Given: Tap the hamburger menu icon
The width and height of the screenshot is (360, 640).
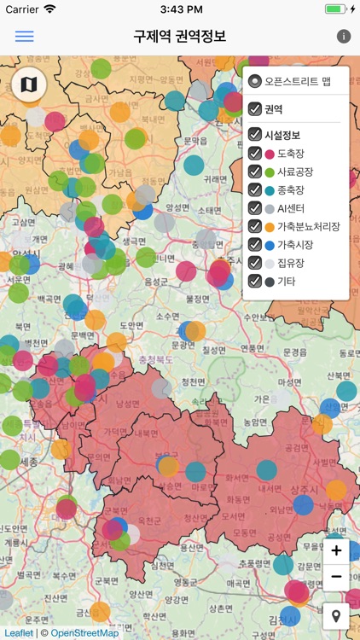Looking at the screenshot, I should [24, 37].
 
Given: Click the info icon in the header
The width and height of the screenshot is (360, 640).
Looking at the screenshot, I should [344, 37].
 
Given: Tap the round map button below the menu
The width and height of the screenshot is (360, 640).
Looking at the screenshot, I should [29, 84].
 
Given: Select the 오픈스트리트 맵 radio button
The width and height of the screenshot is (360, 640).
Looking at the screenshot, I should [255, 82].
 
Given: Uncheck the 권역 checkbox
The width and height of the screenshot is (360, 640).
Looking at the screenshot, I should [255, 108].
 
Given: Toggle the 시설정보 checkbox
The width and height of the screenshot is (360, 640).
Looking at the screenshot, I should [255, 135].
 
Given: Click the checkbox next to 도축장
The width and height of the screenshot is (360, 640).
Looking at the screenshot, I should [255, 154].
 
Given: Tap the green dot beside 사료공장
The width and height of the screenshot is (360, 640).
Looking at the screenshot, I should [270, 172].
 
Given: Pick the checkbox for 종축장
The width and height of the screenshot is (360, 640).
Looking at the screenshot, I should [255, 190].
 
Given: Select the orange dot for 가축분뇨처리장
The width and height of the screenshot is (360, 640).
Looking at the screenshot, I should [270, 226].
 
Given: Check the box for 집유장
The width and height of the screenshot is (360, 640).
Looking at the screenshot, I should [255, 262].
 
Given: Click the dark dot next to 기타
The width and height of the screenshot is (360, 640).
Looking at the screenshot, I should [270, 281].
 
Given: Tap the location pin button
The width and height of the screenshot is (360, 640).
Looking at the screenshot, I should [336, 616].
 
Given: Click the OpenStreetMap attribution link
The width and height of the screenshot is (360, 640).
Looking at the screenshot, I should [84, 633].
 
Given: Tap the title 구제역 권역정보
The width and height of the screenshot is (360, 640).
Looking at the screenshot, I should [179, 37].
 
